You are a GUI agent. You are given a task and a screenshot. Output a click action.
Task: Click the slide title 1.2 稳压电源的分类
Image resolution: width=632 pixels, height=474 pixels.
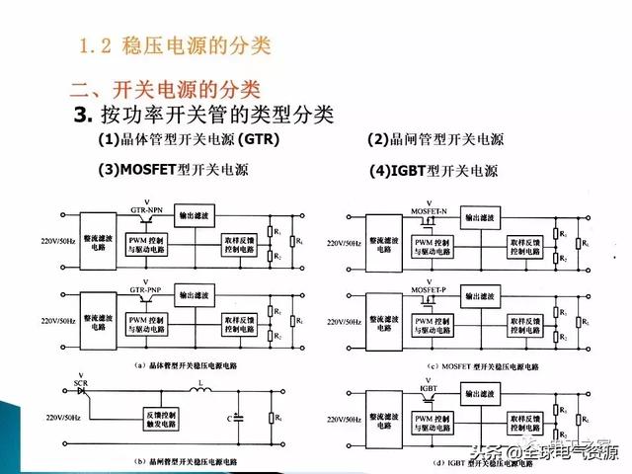[174, 45]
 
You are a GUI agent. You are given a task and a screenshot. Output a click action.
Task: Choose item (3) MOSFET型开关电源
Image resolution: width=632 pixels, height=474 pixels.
[172, 169]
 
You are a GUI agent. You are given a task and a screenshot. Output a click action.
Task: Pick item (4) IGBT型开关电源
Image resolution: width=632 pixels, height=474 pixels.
[434, 170]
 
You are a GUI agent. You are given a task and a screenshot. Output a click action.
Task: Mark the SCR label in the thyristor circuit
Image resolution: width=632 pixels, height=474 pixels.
[68, 382]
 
